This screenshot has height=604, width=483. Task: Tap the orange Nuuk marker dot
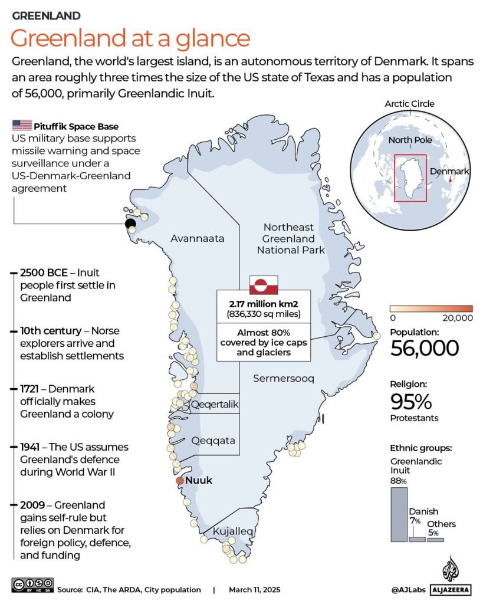[x=180, y=481]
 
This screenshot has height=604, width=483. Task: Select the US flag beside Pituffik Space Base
[x=22, y=126]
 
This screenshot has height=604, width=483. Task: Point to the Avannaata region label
[x=198, y=239]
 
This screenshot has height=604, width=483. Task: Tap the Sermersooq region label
[x=284, y=378]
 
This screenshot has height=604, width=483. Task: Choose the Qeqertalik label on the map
[x=215, y=405]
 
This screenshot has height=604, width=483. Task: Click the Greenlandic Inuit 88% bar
[x=399, y=514]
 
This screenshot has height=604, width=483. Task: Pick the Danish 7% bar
[x=416, y=539]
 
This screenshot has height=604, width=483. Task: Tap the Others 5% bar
[x=435, y=539]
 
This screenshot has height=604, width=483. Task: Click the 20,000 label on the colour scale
[x=456, y=318]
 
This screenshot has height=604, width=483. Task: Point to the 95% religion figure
[x=411, y=401]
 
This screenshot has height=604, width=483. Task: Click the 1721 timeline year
[x=31, y=389]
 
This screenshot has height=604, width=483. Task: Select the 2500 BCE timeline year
[x=44, y=273]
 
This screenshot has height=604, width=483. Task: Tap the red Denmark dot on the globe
[x=451, y=180]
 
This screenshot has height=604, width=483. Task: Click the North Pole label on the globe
[x=410, y=140]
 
